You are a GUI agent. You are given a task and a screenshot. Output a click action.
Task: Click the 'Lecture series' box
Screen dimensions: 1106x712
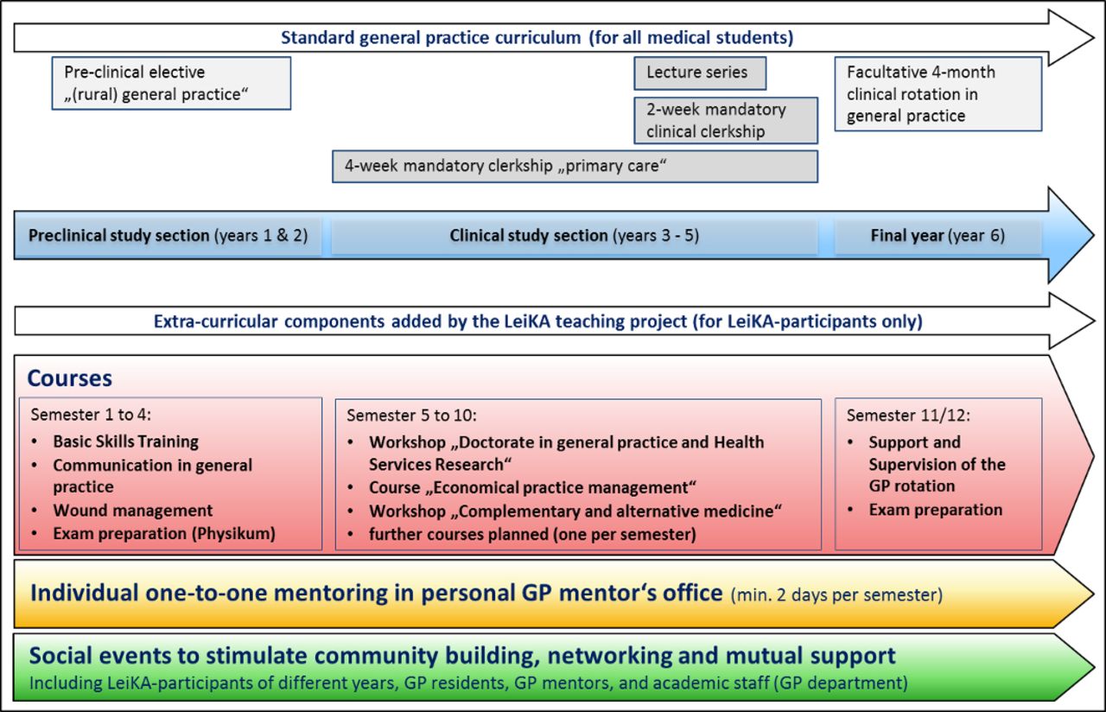700,73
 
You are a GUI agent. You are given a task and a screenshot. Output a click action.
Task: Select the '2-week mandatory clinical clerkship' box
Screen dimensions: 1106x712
726,120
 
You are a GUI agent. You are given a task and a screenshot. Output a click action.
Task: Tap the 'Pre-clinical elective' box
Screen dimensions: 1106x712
171,83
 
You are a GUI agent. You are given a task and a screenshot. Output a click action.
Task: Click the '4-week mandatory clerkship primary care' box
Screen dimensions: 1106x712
575,167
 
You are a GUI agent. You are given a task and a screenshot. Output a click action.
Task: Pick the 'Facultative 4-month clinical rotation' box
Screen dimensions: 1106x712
938,94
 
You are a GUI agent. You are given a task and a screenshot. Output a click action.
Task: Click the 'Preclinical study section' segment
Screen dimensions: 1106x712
168,236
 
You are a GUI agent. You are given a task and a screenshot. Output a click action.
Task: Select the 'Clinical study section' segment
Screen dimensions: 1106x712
575,236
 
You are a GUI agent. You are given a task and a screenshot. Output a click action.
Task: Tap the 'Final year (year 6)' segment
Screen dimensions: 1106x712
938,236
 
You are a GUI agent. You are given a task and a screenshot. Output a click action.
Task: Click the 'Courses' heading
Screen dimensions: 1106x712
70,378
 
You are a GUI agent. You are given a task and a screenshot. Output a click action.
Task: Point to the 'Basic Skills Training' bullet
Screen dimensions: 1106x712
126,442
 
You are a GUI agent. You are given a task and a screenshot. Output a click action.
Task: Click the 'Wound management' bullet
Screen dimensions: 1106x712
133,510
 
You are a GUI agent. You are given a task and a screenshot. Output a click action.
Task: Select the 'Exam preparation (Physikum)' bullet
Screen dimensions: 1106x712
164,533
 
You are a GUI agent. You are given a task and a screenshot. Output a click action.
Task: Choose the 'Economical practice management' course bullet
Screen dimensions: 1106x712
532,487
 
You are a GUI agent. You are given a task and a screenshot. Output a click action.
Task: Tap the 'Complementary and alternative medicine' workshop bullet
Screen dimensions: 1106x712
575,511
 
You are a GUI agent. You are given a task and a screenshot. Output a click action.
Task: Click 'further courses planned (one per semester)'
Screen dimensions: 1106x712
532,534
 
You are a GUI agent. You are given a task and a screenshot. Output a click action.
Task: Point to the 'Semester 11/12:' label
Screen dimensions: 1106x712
908,416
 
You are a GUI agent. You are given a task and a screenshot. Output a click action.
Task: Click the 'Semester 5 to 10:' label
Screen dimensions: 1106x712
412,416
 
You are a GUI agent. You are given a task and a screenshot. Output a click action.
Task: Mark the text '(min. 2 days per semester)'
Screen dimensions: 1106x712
836,595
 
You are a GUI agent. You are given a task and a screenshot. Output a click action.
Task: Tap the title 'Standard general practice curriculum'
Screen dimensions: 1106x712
430,37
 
